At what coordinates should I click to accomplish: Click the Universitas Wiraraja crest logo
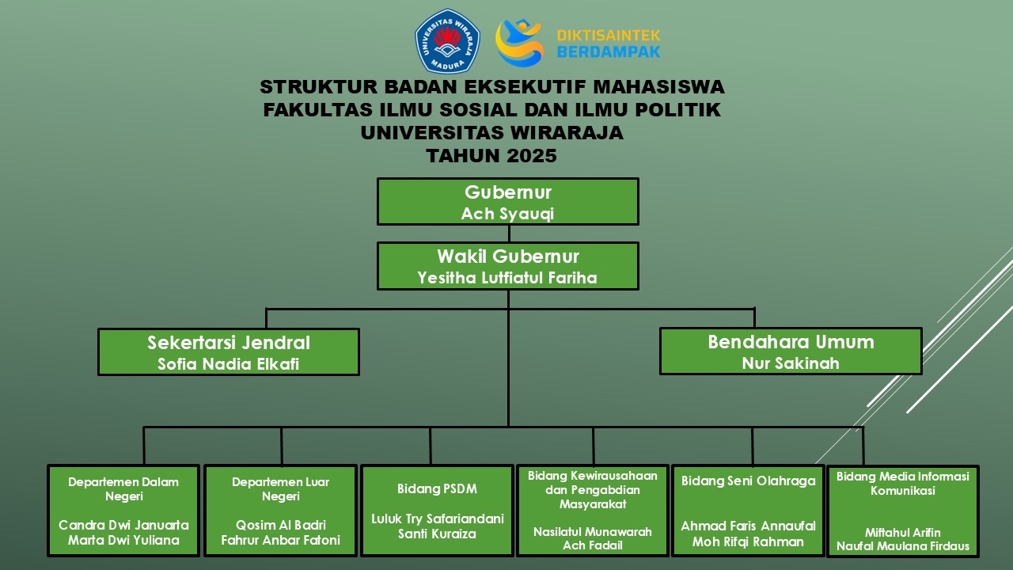tap(447, 41)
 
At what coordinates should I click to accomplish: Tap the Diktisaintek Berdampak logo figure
tap(519, 42)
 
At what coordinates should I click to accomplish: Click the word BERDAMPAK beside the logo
tap(608, 51)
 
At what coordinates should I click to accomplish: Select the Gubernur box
tap(507, 201)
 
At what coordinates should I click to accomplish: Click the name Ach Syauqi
tap(507, 214)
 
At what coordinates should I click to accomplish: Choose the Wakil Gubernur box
tap(507, 265)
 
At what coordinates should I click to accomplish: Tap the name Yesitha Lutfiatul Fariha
tap(507, 278)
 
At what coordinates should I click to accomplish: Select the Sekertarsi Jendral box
tap(229, 351)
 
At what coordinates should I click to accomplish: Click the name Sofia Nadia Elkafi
tap(229, 364)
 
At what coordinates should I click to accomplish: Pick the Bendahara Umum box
tap(791, 351)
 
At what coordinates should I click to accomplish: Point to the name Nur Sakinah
tap(791, 363)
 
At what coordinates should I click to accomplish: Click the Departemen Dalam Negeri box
tap(123, 510)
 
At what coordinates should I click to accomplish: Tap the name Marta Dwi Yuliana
tap(123, 541)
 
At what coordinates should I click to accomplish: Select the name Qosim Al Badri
tap(281, 525)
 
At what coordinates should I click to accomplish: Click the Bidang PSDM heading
tap(438, 489)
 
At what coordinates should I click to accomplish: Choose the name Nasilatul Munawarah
tap(593, 532)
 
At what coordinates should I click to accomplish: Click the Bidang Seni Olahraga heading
tap(749, 481)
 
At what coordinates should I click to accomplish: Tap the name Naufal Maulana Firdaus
tap(903, 546)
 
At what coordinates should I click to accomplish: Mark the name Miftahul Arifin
tap(903, 533)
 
